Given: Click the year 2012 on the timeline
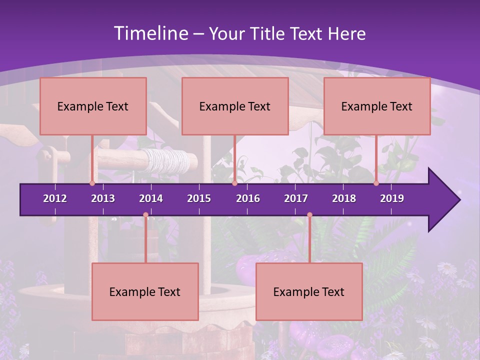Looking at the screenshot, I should click(55, 198).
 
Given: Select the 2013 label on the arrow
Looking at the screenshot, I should click(103, 198).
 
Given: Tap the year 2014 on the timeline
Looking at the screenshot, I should click(151, 198).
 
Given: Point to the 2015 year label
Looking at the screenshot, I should click(199, 198).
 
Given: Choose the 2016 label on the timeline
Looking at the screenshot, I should click(248, 198).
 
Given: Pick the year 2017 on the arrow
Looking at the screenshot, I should click(296, 198).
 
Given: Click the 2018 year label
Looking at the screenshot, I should click(344, 198).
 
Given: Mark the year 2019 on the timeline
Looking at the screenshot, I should click(392, 198).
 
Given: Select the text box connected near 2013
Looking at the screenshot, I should click(93, 106).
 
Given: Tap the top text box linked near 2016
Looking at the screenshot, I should click(235, 106).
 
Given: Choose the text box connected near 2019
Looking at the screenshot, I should click(377, 106).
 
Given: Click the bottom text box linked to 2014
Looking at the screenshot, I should click(145, 291).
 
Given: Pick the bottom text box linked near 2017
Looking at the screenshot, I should click(309, 291).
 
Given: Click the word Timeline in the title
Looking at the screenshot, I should click(150, 33).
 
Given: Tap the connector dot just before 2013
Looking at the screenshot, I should click(92, 183).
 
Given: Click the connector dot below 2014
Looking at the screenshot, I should click(145, 215).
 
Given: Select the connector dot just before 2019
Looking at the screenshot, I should click(376, 183).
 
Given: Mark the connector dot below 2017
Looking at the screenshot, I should click(309, 215).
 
